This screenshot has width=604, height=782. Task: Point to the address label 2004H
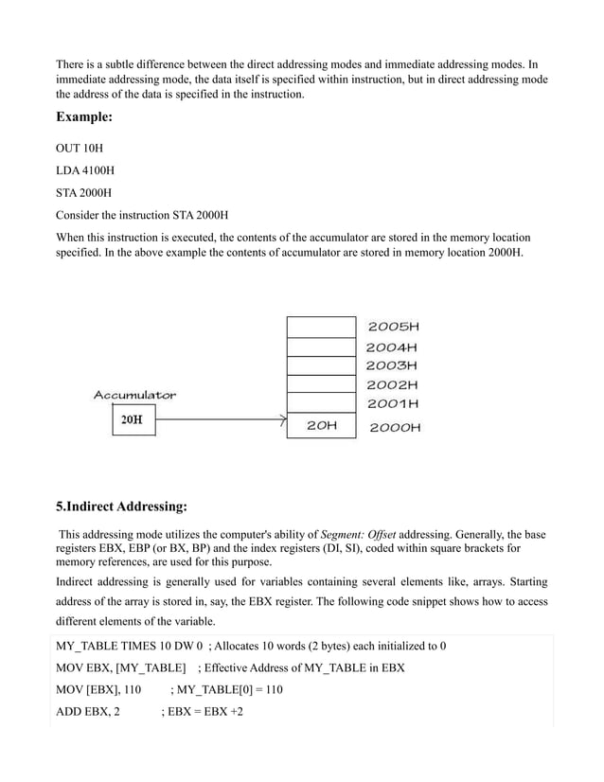(x=392, y=347)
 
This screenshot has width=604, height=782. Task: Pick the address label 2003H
(x=392, y=365)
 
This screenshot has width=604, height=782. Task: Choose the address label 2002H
(x=392, y=385)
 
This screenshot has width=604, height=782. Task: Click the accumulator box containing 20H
(x=132, y=419)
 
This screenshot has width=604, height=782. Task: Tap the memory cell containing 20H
(x=321, y=426)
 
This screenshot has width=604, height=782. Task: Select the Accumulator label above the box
(x=133, y=395)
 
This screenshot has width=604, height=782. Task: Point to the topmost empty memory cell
(x=321, y=326)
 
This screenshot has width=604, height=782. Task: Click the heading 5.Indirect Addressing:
(x=121, y=507)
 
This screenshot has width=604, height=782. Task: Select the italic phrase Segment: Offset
(x=359, y=535)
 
